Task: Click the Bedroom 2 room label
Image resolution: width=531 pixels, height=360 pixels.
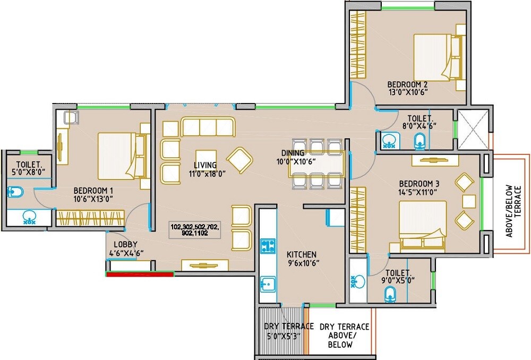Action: pyautogui.click(x=407, y=84)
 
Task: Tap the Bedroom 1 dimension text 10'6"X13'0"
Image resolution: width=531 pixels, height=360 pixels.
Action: pyautogui.click(x=93, y=199)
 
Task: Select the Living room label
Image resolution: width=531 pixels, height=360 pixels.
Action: pyautogui.click(x=205, y=165)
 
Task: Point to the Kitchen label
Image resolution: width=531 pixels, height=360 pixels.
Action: pyautogui.click(x=302, y=254)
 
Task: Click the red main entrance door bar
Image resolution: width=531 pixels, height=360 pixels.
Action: pyautogui.click(x=140, y=274)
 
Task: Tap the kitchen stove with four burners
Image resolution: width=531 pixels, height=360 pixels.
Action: pyautogui.click(x=267, y=246)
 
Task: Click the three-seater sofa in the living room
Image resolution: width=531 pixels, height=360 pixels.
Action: pyautogui.click(x=208, y=127)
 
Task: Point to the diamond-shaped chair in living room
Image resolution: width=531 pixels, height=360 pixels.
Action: pyautogui.click(x=240, y=159)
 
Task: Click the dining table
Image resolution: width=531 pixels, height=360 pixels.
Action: pyautogui.click(x=317, y=164)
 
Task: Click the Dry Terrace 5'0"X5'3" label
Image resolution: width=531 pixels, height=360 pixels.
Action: pyautogui.click(x=282, y=331)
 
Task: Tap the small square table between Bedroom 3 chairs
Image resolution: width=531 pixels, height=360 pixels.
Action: pyautogui.click(x=468, y=201)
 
